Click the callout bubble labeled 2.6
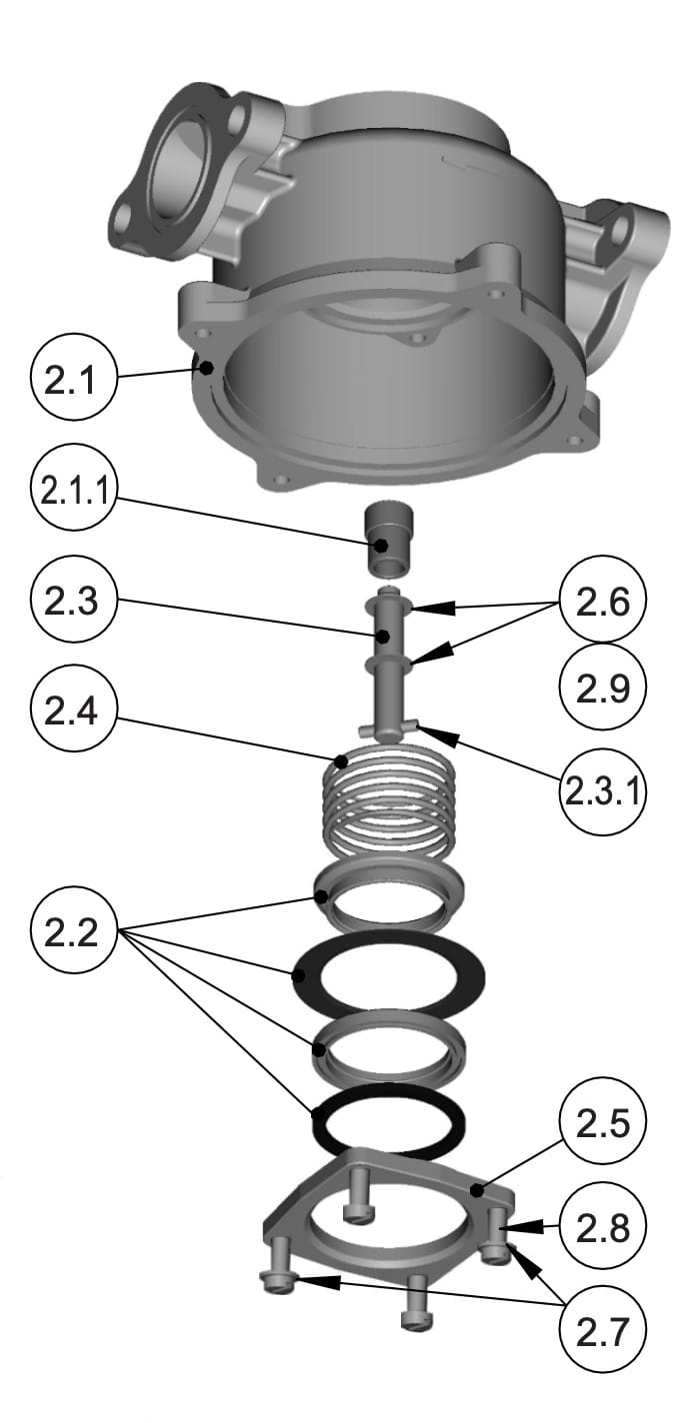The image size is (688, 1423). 603,603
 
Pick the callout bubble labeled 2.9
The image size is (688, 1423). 603,688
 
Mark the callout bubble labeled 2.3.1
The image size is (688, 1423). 603,791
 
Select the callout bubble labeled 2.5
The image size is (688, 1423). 603,1125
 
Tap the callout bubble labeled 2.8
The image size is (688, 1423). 603,1227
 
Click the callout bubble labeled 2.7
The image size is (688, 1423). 603,1329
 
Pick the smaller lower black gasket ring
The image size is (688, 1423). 387,1117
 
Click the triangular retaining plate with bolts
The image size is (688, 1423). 390,1214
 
